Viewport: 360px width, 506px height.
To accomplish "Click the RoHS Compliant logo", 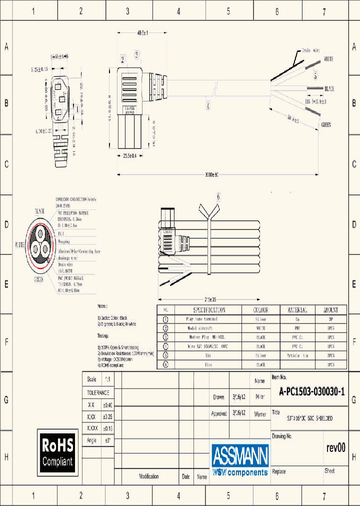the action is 58,452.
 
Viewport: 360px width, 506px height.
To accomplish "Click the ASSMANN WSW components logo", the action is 240,459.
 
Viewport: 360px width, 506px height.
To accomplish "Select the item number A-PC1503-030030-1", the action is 311,392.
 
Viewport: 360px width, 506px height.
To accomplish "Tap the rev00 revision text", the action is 335,447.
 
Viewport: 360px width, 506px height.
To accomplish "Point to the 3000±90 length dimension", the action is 212,174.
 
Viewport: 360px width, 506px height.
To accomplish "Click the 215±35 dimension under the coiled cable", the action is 210,299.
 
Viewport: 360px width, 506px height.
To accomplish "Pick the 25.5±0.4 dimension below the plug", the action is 130,156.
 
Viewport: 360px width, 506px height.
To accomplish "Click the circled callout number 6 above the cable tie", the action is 218,196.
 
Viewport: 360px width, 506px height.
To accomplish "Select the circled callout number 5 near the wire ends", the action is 315,76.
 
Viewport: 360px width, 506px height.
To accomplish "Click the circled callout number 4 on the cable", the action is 208,105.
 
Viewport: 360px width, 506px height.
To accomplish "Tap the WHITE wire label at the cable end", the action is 328,59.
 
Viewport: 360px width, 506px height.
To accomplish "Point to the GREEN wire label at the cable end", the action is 326,124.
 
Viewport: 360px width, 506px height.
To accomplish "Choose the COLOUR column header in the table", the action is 260,310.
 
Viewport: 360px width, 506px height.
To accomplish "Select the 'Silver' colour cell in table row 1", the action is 260,319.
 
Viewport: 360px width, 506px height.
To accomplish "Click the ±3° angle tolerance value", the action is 106,440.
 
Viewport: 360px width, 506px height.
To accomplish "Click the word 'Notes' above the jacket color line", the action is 102,305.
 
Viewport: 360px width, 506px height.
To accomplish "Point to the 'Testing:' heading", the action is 104,336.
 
